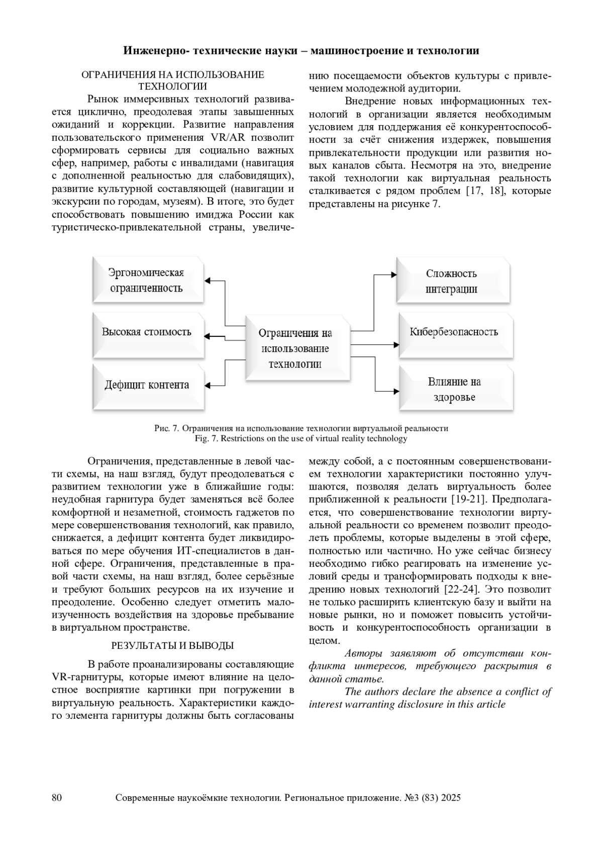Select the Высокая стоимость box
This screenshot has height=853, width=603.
(148, 333)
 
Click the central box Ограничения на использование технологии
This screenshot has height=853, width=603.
(295, 348)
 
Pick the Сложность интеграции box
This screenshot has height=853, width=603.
(452, 281)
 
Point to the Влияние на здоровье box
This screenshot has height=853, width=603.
(455, 389)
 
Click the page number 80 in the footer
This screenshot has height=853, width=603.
(57, 798)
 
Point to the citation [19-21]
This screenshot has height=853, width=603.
(469, 500)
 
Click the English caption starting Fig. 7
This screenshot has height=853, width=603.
(301, 439)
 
